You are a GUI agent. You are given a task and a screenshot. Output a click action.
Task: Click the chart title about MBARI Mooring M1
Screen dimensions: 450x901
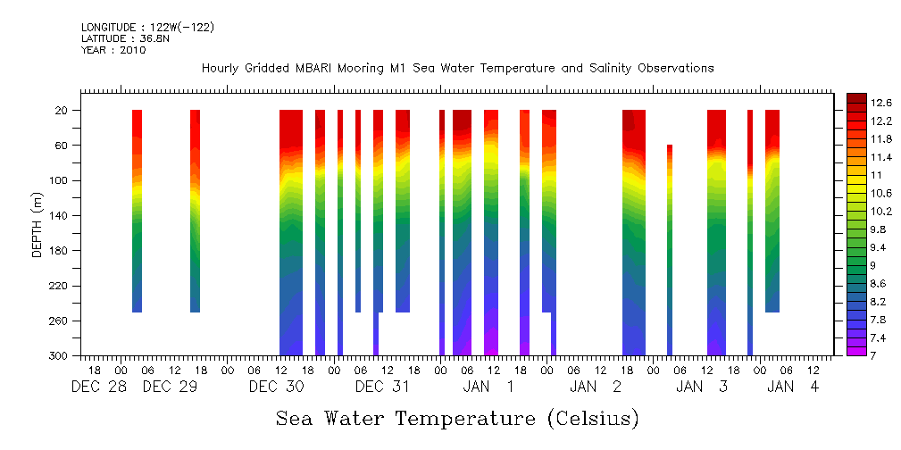coord(457,69)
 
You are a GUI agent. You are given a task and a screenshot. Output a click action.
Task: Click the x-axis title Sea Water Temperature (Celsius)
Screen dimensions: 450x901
coord(457,418)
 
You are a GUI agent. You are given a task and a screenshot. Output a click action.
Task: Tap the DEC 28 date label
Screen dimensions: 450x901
coord(98,387)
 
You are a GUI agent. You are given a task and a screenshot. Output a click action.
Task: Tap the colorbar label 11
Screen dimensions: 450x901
coord(854,175)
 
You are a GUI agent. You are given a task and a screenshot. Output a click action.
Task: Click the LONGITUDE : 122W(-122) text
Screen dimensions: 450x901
coord(147,28)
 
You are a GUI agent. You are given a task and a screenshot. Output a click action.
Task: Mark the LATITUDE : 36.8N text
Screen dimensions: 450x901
coord(126,39)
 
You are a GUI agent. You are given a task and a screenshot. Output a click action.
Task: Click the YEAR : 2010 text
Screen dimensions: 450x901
coord(113,51)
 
